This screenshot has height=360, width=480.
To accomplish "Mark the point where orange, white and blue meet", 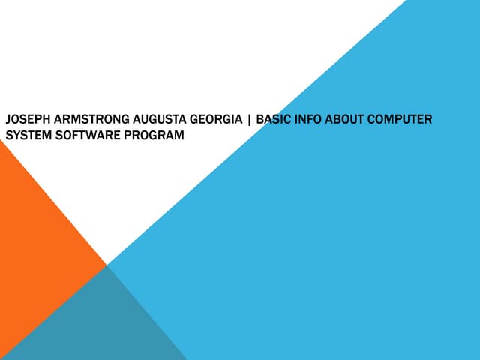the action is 106,265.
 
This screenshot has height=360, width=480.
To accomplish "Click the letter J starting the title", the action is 8,119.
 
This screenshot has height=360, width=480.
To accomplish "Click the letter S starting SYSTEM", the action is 9,135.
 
